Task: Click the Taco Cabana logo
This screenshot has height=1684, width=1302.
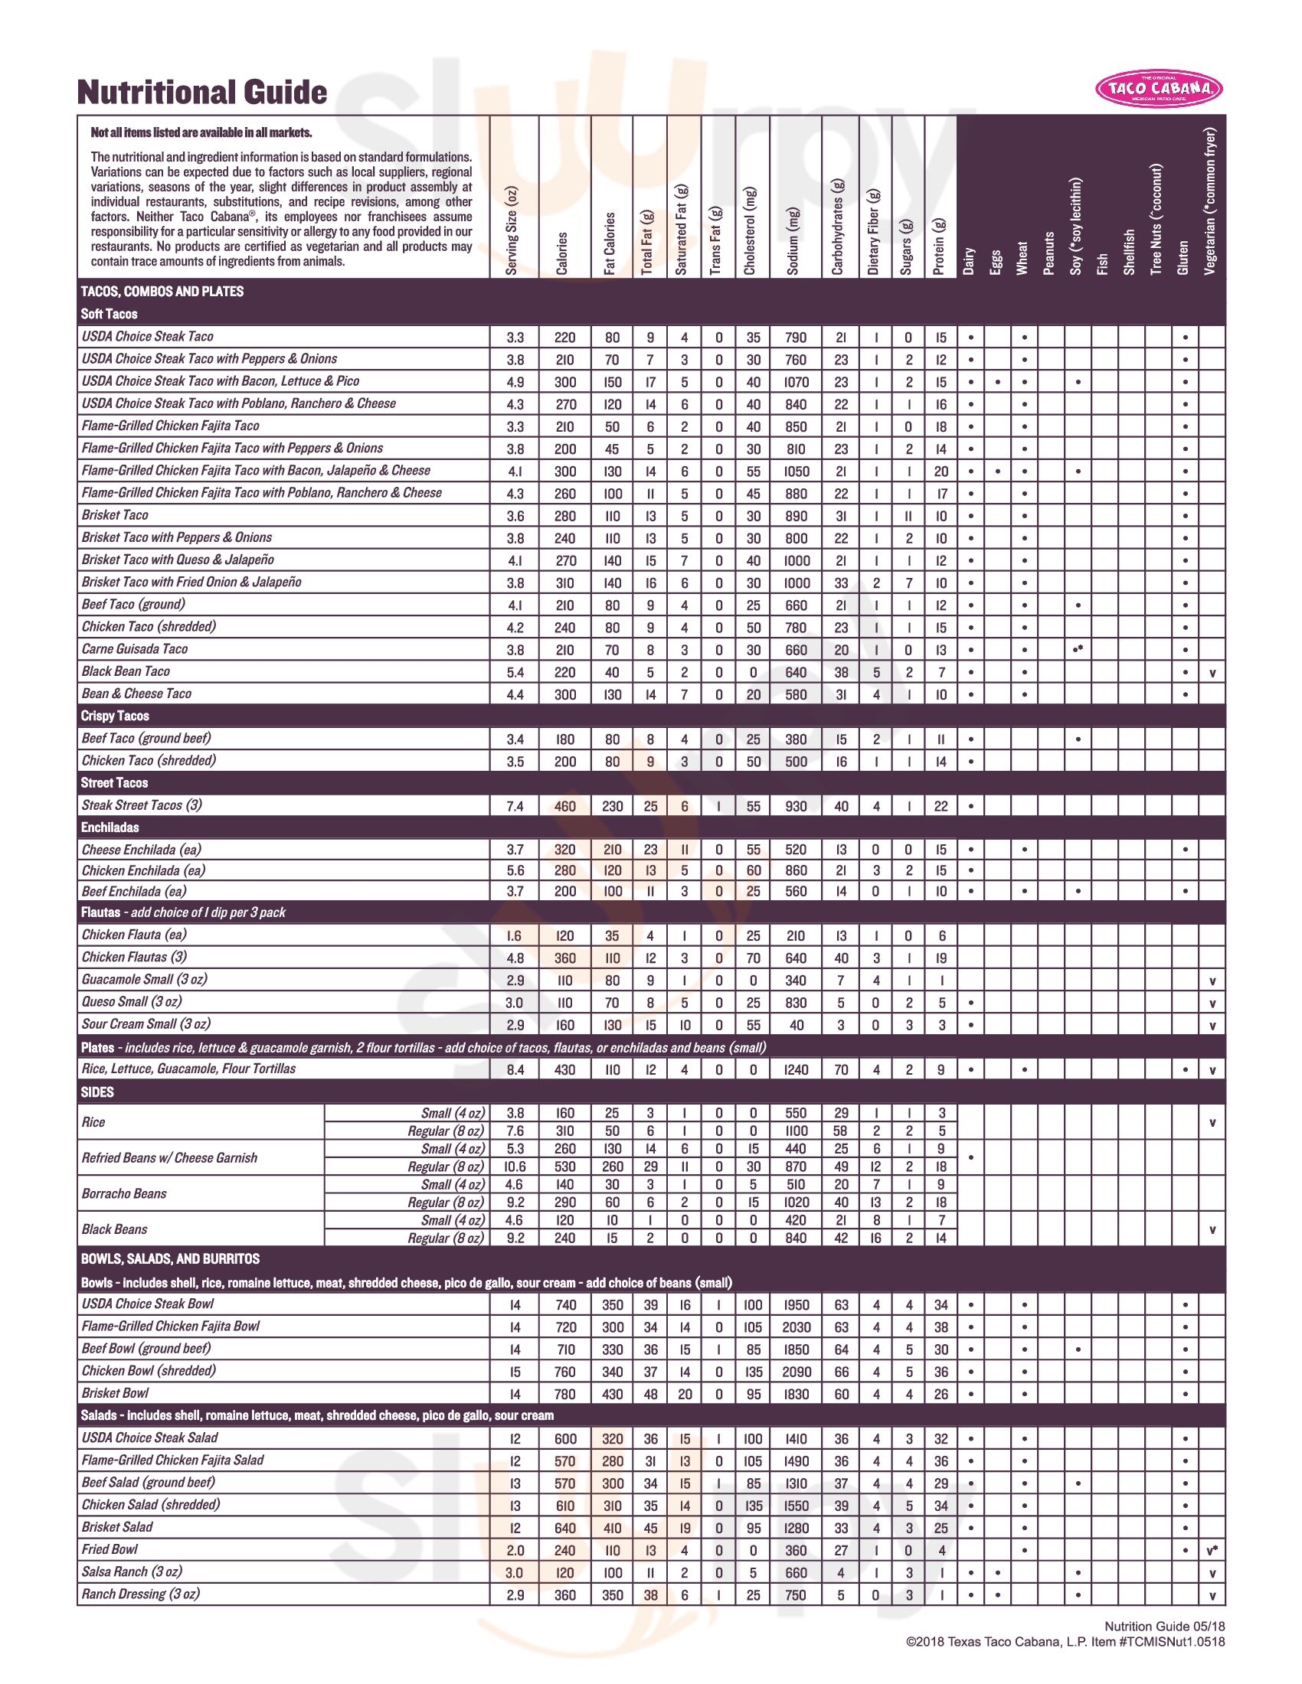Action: tap(1159, 89)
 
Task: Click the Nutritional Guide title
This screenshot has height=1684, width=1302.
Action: tap(202, 93)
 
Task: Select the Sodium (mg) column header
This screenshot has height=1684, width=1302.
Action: tap(793, 240)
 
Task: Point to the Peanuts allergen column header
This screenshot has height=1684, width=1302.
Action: tap(1049, 253)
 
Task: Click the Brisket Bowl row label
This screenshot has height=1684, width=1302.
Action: tap(115, 1392)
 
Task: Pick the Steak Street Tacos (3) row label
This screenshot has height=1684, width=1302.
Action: tap(142, 805)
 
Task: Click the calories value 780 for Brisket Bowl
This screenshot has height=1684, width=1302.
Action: tap(564, 1393)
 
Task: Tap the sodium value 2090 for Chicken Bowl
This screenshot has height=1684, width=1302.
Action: tap(796, 1371)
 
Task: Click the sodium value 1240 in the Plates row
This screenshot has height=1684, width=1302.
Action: tap(796, 1069)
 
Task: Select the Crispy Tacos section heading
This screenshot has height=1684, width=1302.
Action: tap(115, 716)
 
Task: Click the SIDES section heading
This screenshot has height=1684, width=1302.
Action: tap(97, 1092)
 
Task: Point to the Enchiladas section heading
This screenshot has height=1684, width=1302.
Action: tap(110, 827)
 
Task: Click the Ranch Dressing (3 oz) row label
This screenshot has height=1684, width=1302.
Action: tap(140, 1594)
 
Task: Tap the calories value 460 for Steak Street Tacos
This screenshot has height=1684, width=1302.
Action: tap(564, 806)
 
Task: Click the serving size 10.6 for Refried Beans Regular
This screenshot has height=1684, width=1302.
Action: tap(515, 1167)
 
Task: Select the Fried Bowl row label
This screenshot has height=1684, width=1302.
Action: tap(110, 1549)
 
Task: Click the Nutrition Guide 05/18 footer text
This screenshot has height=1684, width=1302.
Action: tap(1164, 1626)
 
